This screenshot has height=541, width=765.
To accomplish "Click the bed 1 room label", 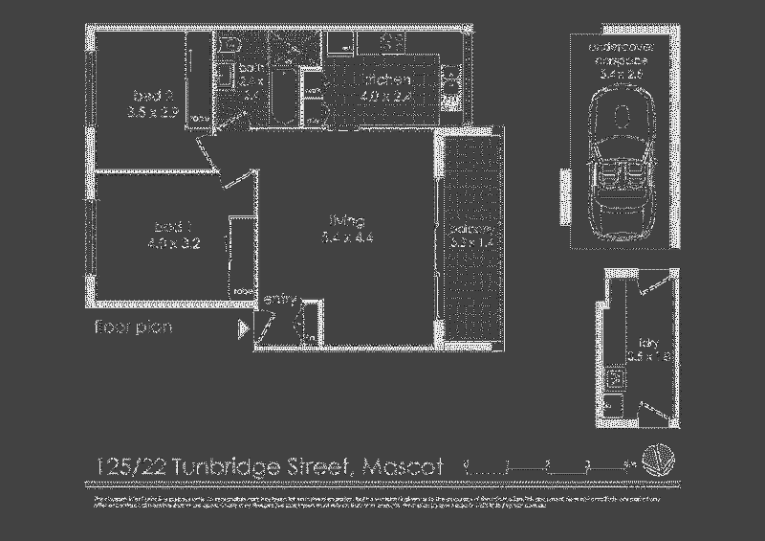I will pyautogui.click(x=173, y=235).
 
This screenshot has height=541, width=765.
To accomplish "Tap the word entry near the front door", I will pyautogui.click(x=278, y=300).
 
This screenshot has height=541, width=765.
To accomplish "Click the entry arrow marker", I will pyautogui.click(x=243, y=329).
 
